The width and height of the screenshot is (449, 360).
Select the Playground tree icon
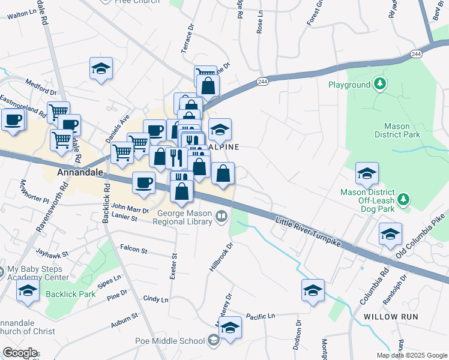coord(379,84)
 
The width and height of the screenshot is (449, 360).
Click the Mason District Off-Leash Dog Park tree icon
coord(405,198)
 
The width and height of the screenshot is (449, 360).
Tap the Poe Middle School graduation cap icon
coord(213,341)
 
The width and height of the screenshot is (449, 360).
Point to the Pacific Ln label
coord(260,316)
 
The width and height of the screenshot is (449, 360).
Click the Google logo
coord(20,353)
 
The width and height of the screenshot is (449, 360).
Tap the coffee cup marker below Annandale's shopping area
coord(143,182)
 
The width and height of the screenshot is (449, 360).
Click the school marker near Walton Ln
coord(101,70)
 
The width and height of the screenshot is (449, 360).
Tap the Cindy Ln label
coord(155,299)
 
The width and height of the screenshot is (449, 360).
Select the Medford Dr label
coord(41,88)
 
